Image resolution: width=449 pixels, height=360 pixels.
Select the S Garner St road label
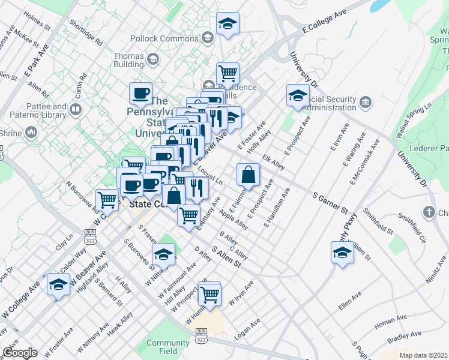(330, 202)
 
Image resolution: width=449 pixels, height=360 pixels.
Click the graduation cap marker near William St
(342, 252)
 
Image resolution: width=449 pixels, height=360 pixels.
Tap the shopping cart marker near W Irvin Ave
(210, 293)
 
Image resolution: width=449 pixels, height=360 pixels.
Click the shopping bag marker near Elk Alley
(248, 175)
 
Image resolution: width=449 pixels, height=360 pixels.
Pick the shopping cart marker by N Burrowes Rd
(107, 199)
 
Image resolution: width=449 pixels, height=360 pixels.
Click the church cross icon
(429, 212)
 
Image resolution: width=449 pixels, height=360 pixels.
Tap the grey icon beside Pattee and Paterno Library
(76, 110)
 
